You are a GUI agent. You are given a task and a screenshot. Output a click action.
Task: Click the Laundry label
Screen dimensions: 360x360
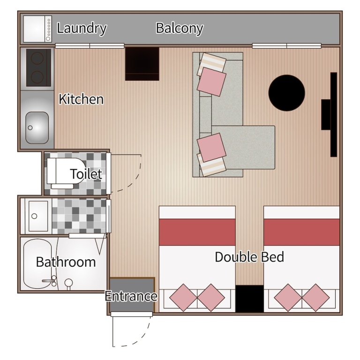(82, 28)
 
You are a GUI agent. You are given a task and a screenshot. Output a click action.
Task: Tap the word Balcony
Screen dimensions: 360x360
(180, 28)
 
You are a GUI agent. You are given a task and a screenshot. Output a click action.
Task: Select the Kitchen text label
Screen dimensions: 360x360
(81, 99)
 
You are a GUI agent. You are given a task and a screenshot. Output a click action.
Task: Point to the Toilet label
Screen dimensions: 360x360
(86, 174)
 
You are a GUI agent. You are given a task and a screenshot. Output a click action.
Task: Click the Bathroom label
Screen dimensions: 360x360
(66, 262)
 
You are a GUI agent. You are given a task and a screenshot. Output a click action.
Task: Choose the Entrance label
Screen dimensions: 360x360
(131, 296)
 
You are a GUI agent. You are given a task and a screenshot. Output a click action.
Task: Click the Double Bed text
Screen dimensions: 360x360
(249, 257)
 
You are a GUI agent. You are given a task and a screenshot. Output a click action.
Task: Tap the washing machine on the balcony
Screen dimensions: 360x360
(37, 29)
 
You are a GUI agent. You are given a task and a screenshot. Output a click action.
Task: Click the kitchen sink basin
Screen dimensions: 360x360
(37, 127)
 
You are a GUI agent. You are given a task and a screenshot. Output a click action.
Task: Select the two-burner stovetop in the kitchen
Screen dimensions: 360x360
(38, 67)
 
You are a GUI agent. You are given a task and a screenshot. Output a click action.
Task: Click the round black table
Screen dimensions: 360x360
(286, 93)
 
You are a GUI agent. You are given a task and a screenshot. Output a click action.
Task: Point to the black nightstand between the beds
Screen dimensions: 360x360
(249, 299)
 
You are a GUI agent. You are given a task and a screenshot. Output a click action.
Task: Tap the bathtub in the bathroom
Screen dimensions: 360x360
(38, 263)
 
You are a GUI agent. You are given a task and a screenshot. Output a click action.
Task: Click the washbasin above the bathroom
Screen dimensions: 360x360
(38, 216)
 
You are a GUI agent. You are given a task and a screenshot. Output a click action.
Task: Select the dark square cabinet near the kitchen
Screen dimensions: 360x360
(142, 64)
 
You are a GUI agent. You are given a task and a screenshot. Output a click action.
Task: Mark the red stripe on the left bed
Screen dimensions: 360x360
(197, 232)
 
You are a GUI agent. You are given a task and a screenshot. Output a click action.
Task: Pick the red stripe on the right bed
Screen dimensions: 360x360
(302, 232)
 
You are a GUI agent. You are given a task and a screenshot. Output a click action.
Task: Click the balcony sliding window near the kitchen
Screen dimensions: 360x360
(90, 46)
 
